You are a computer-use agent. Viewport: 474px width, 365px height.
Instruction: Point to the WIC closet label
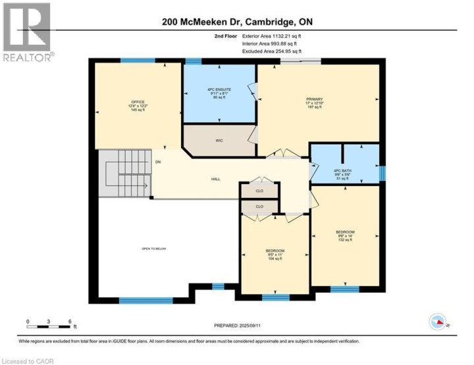(x=219, y=140)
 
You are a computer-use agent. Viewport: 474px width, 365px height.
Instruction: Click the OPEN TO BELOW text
(x=154, y=249)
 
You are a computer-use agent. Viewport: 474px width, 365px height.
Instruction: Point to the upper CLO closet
(x=259, y=190)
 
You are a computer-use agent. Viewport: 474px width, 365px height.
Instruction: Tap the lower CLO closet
(x=259, y=207)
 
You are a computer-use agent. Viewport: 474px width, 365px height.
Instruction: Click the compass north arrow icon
(x=438, y=322)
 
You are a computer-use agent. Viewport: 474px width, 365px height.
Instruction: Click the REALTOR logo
(x=26, y=33)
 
